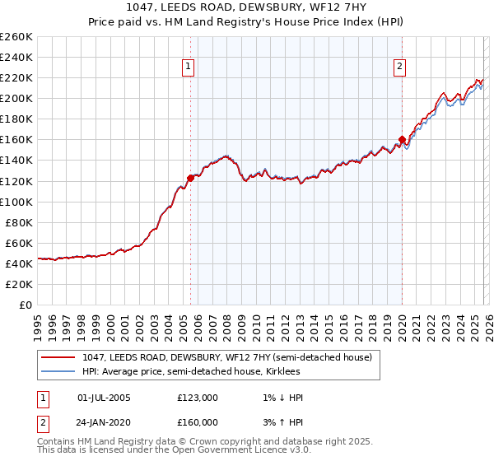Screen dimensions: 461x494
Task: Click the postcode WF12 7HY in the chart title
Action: click(x=338, y=7)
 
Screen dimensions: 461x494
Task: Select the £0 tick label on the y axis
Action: click(x=26, y=305)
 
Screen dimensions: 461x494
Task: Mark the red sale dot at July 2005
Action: click(x=190, y=177)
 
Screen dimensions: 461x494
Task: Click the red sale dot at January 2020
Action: click(x=402, y=139)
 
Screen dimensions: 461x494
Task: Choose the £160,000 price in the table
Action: click(x=198, y=422)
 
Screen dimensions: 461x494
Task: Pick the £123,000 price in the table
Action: click(x=198, y=398)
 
